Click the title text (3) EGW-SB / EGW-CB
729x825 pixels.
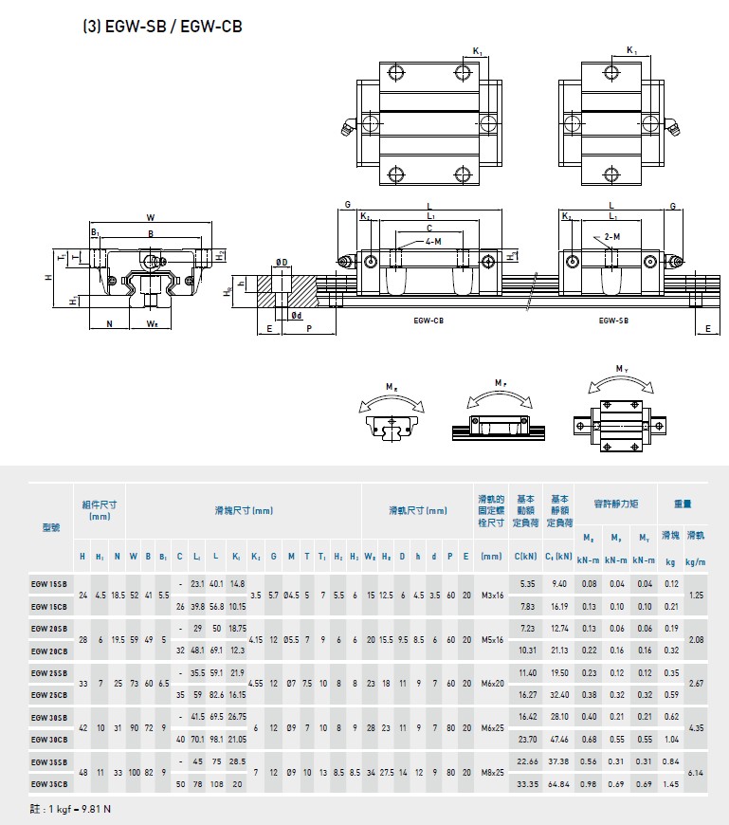(162, 27)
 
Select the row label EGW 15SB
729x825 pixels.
(49, 584)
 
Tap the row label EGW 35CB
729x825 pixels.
(49, 783)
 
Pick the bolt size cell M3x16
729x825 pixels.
(491, 595)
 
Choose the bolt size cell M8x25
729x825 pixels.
(491, 772)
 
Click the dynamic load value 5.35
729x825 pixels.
(528, 584)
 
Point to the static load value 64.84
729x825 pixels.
(559, 784)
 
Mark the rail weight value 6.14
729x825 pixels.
(696, 773)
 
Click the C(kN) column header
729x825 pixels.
(526, 557)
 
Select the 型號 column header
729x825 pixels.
(50, 528)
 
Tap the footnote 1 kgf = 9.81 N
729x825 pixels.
(71, 808)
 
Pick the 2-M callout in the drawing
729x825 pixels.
(612, 236)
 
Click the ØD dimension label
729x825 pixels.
(282, 262)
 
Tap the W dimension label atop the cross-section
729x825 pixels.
(150, 217)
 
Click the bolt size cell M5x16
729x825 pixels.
(491, 639)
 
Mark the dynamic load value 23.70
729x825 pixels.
(528, 740)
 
